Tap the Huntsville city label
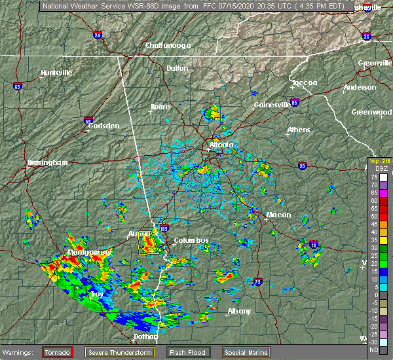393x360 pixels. (56, 73)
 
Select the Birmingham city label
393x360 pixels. (48, 162)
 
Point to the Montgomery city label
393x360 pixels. (87, 252)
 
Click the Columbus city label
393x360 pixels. (192, 240)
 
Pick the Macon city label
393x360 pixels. (278, 215)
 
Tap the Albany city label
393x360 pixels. (239, 311)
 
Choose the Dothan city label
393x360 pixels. (147, 336)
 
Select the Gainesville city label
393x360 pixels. (272, 105)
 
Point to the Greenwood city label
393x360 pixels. (371, 112)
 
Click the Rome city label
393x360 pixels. (160, 107)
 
